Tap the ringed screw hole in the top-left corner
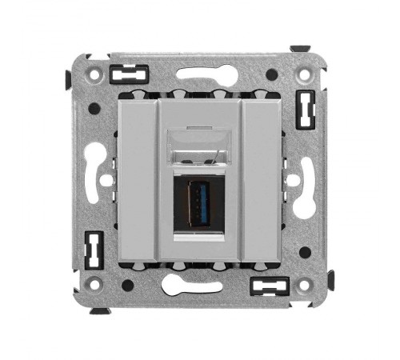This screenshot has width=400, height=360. pyautogui.click(x=95, y=74)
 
